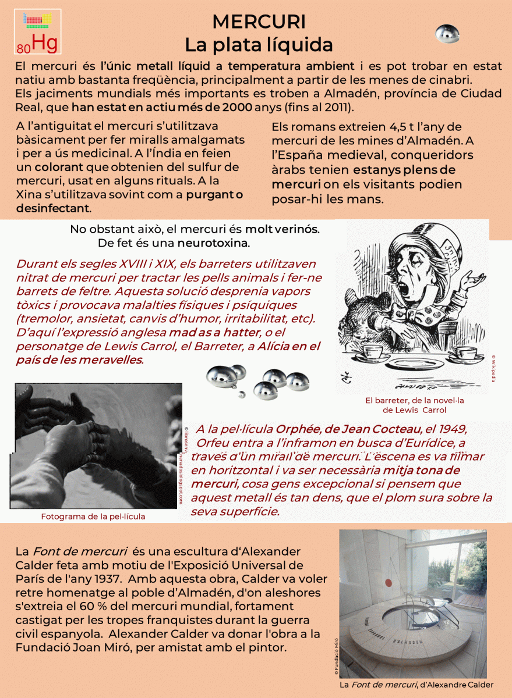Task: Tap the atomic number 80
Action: pyautogui.click(x=23, y=48)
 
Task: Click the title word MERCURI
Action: pyautogui.click(x=259, y=22)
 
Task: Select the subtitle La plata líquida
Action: pyautogui.click(x=259, y=44)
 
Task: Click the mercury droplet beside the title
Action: pyautogui.click(x=447, y=34)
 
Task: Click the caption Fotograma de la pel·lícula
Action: pyautogui.click(x=93, y=516)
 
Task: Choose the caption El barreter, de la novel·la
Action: pyautogui.click(x=415, y=400)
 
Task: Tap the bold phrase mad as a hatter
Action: pyautogui.click(x=214, y=333)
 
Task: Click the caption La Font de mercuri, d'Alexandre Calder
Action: pyautogui.click(x=416, y=685)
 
